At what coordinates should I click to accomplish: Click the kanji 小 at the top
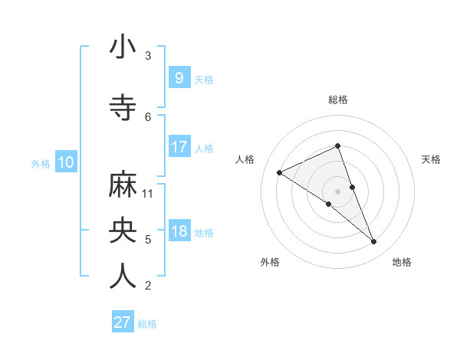click(123, 47)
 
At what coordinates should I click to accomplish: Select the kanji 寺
click(123, 108)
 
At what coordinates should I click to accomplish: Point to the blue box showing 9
click(179, 77)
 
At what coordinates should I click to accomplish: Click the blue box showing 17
click(179, 147)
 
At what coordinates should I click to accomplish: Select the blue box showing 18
click(179, 231)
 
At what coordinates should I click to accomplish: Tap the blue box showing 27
click(123, 322)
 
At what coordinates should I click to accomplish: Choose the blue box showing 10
click(66, 162)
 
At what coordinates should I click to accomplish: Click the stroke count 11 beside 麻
click(149, 193)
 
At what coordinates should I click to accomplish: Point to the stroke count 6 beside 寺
click(148, 117)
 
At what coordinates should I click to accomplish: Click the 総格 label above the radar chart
click(338, 100)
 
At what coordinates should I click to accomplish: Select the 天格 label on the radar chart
click(431, 159)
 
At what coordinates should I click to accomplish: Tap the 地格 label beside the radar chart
click(402, 262)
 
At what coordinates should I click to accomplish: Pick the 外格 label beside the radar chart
click(270, 262)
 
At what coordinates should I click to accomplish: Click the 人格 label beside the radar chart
click(245, 159)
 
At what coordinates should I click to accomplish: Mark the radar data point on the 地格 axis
click(374, 242)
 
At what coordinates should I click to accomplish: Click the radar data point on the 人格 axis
click(280, 172)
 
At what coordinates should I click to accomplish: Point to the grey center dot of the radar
click(338, 191)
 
